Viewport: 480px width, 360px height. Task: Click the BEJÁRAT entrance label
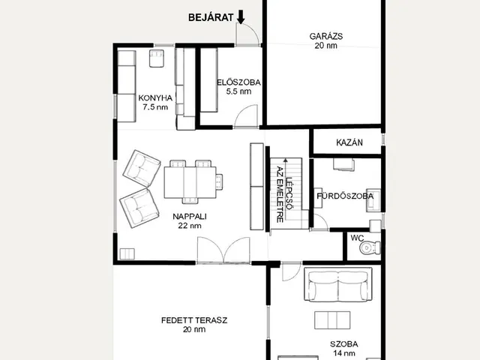coord(211,17)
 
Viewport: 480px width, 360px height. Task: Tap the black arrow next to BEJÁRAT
coord(241,16)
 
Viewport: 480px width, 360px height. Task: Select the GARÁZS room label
coord(326,36)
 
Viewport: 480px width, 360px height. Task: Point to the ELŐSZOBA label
coord(238,82)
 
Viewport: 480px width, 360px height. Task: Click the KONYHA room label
coord(155,98)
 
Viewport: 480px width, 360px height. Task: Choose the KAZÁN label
coord(349,142)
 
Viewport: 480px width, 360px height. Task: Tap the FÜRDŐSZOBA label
coord(345,196)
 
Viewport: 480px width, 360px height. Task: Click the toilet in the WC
coord(370,247)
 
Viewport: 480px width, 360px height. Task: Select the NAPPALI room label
coord(190,217)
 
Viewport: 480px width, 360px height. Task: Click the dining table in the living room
coord(190,182)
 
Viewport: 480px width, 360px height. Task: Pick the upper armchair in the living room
coord(142,168)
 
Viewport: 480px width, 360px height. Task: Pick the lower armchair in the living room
coord(139,208)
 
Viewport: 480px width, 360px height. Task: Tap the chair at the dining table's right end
coord(219,181)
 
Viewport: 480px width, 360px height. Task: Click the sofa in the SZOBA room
coord(338,284)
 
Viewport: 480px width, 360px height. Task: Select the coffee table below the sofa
coord(332,320)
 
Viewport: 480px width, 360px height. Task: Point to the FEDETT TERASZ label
coord(194,320)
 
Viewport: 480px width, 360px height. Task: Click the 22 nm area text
coord(190,226)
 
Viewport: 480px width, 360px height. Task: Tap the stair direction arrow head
coord(286,160)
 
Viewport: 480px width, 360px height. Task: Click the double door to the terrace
coord(223,250)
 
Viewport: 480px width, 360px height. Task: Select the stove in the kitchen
coord(157,58)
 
